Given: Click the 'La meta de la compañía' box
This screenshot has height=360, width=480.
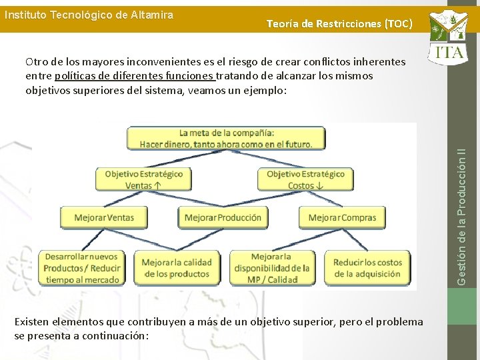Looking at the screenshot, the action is [226, 138].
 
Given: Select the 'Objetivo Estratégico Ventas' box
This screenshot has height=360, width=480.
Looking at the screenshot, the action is [143, 179].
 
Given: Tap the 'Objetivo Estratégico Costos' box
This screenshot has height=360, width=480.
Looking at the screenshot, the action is [305, 179].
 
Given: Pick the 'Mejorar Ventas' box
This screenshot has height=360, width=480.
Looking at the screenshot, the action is [104, 217].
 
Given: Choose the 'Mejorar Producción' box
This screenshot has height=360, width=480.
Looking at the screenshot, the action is [223, 217].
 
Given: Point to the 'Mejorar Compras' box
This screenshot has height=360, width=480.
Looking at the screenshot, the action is [342, 217].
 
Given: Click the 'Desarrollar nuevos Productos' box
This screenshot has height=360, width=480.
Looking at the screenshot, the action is [82, 268].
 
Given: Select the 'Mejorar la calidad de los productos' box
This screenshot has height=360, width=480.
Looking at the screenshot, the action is [177, 268].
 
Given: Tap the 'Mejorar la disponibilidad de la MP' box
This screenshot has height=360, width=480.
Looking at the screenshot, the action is [271, 268].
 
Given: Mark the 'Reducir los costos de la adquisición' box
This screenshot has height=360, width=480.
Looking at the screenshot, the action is [367, 268].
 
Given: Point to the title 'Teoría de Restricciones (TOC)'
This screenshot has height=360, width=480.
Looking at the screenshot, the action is [339, 24].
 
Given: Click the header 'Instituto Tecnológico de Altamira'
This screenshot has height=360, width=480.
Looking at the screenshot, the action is [89, 15].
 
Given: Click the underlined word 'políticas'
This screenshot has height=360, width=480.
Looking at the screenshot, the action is [74, 76].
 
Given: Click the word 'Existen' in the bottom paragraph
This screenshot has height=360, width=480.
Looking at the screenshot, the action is [31, 322].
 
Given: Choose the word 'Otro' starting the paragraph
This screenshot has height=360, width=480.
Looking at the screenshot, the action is [36, 62].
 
